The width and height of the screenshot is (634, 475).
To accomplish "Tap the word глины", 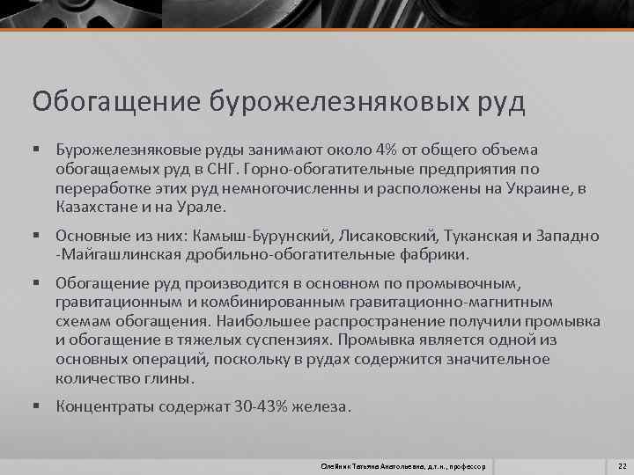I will pyautogui.click(x=167, y=379).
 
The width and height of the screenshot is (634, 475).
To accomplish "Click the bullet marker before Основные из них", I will pyautogui.click(x=36, y=237).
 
